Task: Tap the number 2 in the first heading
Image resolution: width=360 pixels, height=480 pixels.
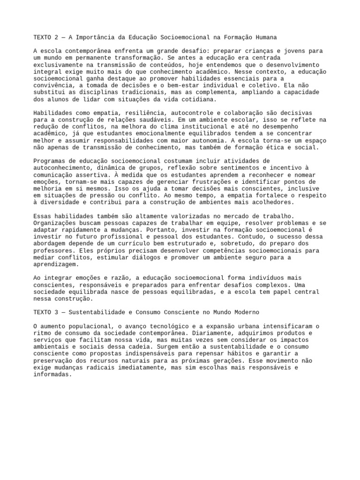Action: (x=59, y=37)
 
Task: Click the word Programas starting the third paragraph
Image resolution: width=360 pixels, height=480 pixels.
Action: (x=49, y=161)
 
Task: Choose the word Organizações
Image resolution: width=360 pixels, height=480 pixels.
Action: (x=55, y=223)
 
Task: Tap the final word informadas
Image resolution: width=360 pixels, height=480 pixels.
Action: (x=53, y=375)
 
